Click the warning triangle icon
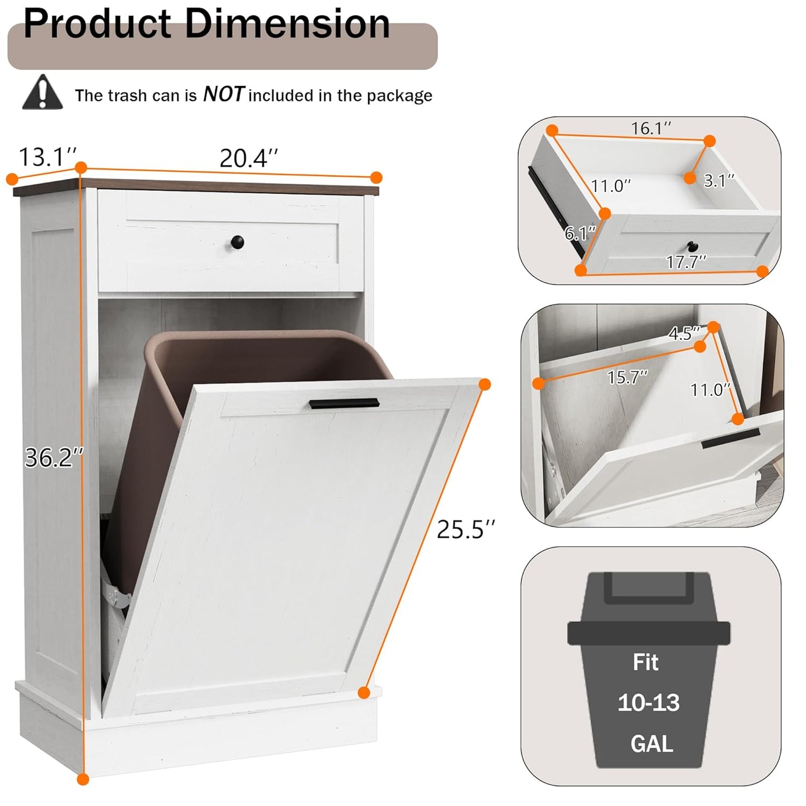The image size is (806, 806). tap(42, 93)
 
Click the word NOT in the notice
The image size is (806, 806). tap(223, 94)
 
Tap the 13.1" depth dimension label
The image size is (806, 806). tap(47, 157)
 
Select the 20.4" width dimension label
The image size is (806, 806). tap(248, 158)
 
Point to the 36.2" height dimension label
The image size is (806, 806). tap(54, 458)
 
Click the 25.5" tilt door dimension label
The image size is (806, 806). tap(466, 529)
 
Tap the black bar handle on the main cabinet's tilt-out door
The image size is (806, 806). tap(344, 403)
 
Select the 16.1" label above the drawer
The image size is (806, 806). tap(650, 128)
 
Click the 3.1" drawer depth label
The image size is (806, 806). tap(718, 181)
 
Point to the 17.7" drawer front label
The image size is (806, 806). tap(686, 261)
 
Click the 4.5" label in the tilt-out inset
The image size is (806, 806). tap(684, 334)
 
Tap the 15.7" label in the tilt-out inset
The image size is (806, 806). tap(627, 378)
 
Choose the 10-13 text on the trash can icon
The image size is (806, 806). tap(649, 703)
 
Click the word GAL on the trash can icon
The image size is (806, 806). tap(651, 744)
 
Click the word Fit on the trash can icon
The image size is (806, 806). tap(645, 662)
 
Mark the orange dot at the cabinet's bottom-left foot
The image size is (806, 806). tap(83, 779)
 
